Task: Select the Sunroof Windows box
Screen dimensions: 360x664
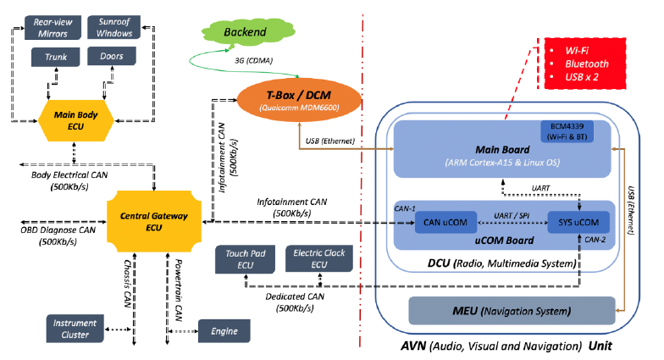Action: coord(115,27)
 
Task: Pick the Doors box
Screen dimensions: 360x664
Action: coord(111,58)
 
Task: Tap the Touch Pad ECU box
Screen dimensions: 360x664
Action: coord(245,259)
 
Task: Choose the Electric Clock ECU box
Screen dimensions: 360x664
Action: coord(315,259)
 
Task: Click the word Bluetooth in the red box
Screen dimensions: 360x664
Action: coord(587,64)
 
